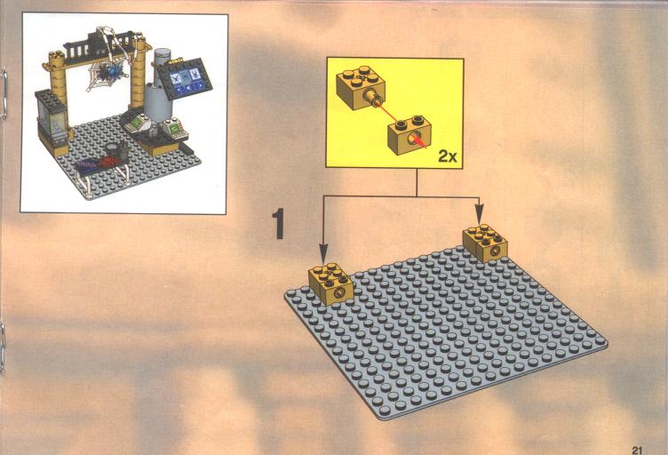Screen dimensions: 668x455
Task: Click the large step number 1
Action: [279, 223]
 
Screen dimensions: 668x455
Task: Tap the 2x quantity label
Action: [448, 156]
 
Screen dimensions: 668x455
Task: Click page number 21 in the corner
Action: [637, 450]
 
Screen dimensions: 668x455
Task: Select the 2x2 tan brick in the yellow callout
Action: [361, 87]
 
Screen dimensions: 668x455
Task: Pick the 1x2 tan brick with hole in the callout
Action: [409, 134]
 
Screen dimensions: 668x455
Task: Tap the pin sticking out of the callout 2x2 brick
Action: [374, 99]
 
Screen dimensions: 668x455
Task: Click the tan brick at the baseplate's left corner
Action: [331, 283]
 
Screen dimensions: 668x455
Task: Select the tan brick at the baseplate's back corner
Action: [486, 243]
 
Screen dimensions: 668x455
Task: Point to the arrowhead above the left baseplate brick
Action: [323, 253]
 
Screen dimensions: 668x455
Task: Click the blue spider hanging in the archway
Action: [112, 72]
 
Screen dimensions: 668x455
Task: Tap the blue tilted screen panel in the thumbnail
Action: [186, 79]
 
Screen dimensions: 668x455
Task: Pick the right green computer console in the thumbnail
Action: [173, 128]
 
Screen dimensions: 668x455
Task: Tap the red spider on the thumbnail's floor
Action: [108, 161]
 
